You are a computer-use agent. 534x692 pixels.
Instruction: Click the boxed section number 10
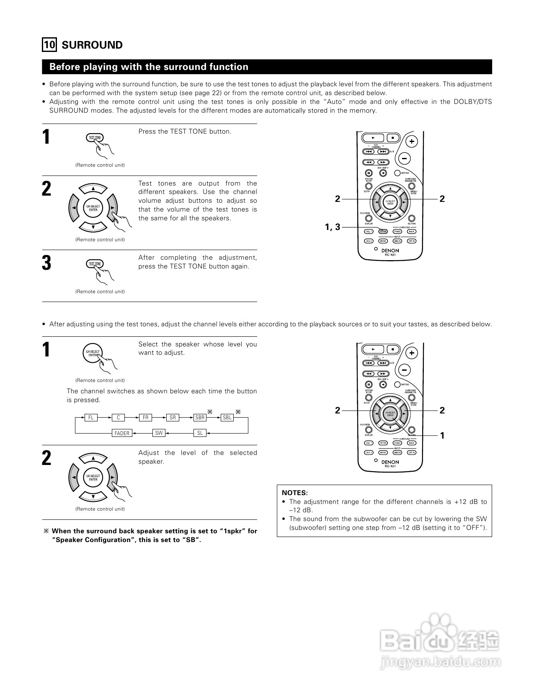coord(49,45)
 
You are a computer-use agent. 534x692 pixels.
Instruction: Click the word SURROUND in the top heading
coord(92,45)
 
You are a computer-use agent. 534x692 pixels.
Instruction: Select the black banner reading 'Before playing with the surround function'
coord(267,67)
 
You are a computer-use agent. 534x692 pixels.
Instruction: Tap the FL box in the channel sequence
coord(91,418)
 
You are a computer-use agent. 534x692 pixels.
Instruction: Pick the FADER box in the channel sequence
coord(122,433)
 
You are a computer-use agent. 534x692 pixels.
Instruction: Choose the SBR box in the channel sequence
coord(200,418)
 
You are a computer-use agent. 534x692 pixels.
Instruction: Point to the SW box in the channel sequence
coord(159,433)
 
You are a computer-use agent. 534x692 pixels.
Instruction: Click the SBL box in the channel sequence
coord(227,418)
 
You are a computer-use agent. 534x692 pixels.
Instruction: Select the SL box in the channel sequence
coord(200,433)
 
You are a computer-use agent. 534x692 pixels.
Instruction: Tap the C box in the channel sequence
coord(119,418)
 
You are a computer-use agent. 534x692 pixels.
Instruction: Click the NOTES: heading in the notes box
coord(295,493)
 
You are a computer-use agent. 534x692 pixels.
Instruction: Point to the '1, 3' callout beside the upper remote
coord(333,227)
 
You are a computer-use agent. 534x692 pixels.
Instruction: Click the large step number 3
coord(46,263)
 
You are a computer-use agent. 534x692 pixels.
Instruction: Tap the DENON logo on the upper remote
coord(390,250)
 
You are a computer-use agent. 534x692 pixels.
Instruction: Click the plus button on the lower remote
coord(412,353)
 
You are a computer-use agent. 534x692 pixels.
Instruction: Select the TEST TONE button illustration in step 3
coord(95,264)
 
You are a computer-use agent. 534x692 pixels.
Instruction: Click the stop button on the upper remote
coord(392,137)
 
